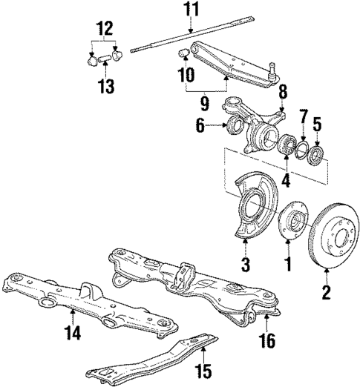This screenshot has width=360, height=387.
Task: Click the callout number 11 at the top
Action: pos(192,10)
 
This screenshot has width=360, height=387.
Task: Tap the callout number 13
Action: pos(105,87)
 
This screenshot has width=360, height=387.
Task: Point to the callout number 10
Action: pos(186,74)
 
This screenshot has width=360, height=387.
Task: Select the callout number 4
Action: pos(287,179)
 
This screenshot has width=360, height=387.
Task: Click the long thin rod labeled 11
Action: pos(193,42)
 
